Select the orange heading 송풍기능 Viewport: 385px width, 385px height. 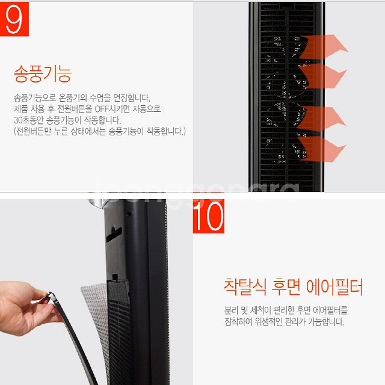42,75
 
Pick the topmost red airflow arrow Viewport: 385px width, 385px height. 325,46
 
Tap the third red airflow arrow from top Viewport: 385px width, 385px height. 325,115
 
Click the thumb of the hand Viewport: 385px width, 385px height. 37,298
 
